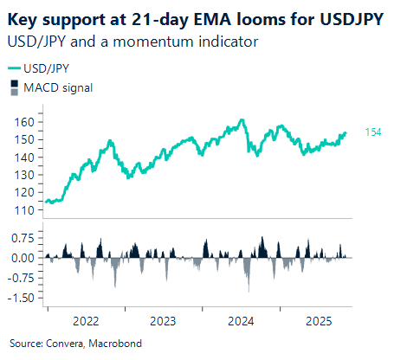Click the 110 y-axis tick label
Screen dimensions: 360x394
click(x=25, y=210)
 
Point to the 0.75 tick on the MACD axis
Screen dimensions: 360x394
click(x=23, y=238)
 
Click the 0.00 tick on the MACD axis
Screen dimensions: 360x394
click(x=23, y=258)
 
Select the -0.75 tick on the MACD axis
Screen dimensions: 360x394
click(x=21, y=278)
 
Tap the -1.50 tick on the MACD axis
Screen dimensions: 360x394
click(x=21, y=298)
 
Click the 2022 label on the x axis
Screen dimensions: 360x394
click(x=85, y=319)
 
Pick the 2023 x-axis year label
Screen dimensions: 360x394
click(x=163, y=319)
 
